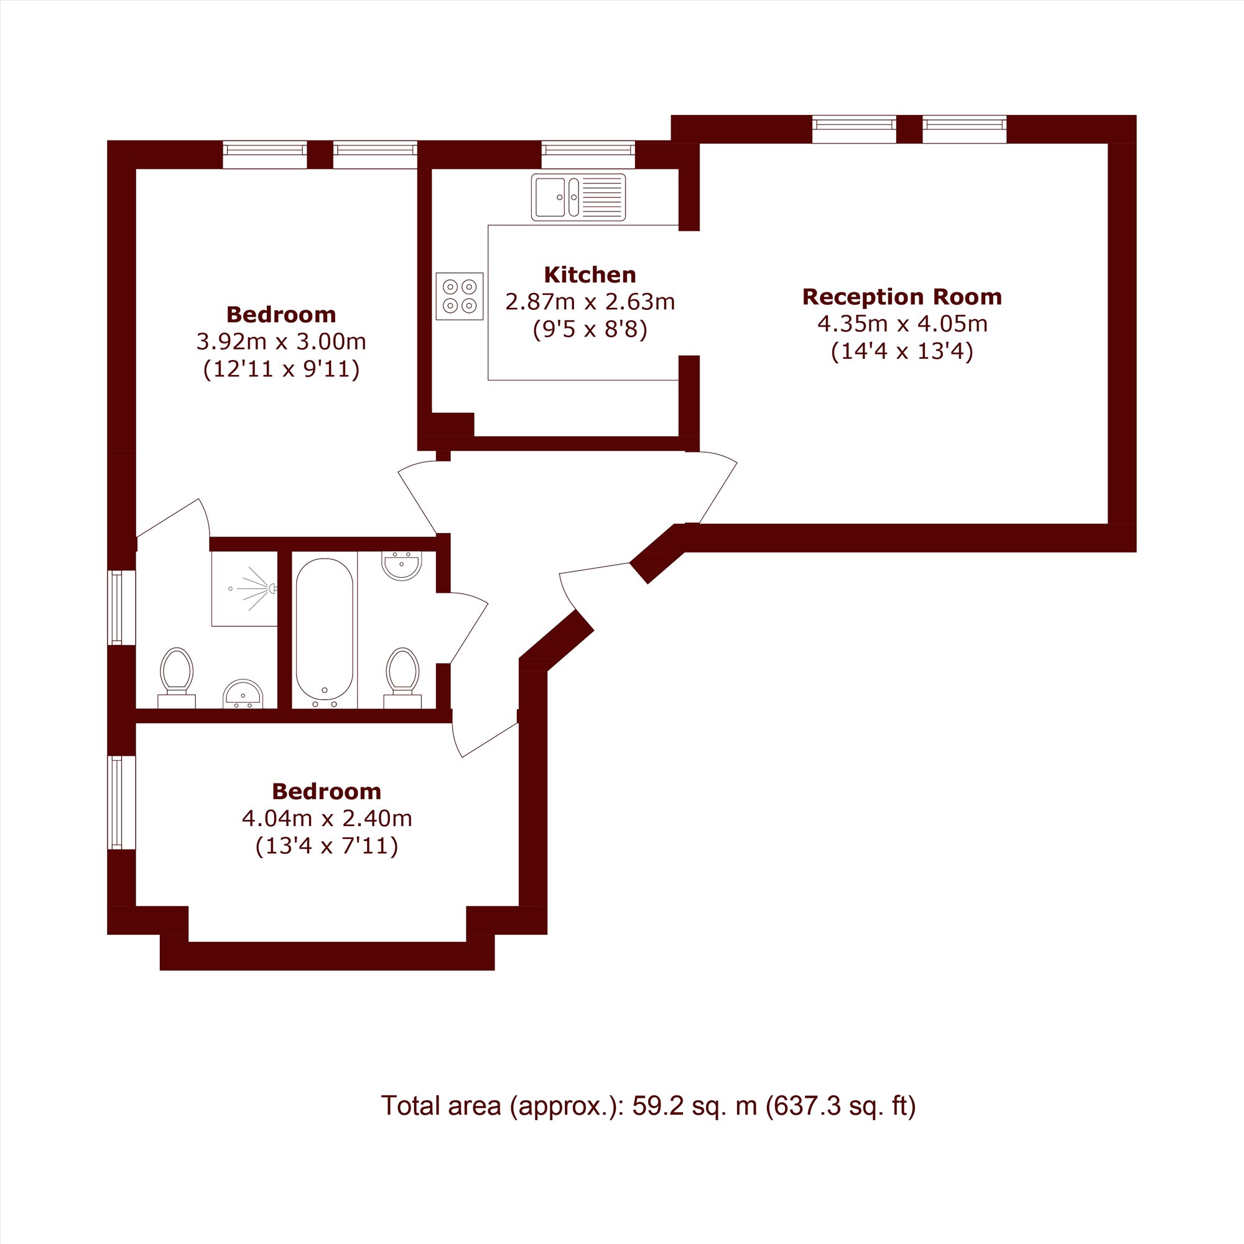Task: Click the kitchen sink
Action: [x=578, y=197]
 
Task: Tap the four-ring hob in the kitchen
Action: [x=460, y=296]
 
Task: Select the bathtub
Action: [x=325, y=630]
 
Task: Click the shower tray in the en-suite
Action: [x=244, y=588]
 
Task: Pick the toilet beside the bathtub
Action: [x=402, y=677]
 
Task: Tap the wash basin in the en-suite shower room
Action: [x=243, y=694]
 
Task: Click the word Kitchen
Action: [x=590, y=275]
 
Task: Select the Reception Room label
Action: [x=902, y=297]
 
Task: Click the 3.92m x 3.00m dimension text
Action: [x=281, y=341]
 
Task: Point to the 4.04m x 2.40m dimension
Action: [x=327, y=819]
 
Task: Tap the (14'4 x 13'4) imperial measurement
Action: [x=902, y=351]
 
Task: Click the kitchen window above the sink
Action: [x=588, y=154]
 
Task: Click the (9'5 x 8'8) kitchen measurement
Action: [x=590, y=330]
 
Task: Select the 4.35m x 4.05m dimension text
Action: [x=902, y=324]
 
